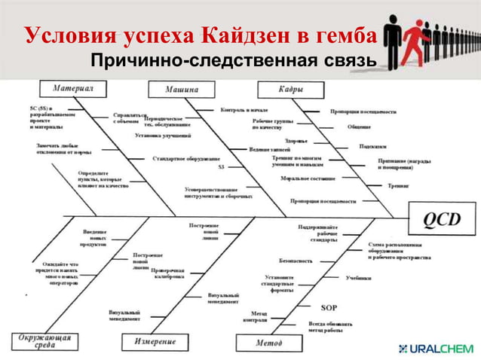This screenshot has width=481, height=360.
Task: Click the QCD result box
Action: (x=443, y=219)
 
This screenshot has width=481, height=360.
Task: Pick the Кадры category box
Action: (x=292, y=89)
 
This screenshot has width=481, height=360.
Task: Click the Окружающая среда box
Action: (x=45, y=340)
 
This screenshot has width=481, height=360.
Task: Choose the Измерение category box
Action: (x=155, y=342)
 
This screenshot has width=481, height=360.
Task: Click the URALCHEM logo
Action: (x=435, y=349)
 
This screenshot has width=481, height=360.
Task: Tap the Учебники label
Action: (x=359, y=278)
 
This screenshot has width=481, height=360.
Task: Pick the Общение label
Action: (x=359, y=127)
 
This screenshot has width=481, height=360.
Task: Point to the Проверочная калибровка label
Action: (x=167, y=273)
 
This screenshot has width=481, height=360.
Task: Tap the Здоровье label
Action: (x=296, y=140)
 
